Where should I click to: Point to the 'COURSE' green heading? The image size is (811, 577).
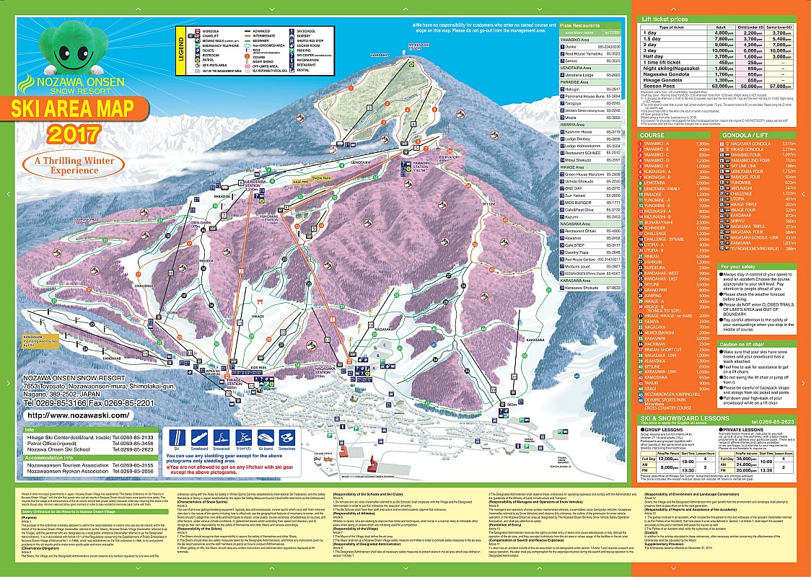tap(654, 134)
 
